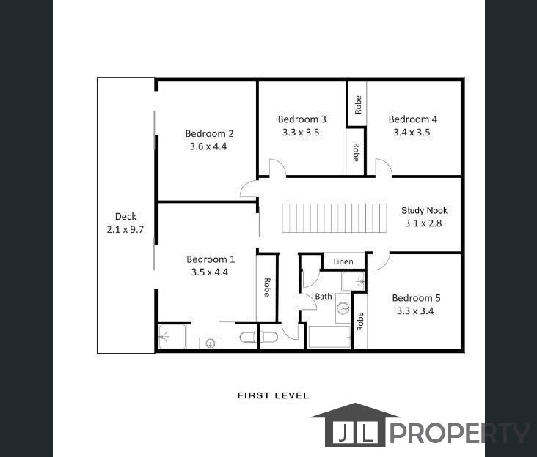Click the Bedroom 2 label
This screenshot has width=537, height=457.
(209, 133)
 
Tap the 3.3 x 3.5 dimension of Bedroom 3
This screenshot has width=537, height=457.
(302, 133)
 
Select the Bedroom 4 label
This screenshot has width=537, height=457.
(412, 119)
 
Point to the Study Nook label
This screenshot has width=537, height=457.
(424, 211)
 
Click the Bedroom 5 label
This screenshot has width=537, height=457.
(416, 298)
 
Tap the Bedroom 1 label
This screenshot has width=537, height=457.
(211, 259)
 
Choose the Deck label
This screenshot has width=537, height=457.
(125, 216)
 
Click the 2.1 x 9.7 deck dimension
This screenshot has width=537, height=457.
(125, 229)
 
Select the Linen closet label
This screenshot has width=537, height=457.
(343, 261)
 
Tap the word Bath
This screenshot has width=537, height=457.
(324, 297)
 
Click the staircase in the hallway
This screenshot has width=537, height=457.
(335, 218)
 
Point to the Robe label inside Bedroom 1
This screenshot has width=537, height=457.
(267, 286)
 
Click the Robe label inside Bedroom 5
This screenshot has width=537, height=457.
(360, 322)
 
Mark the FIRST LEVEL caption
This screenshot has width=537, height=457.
(273, 395)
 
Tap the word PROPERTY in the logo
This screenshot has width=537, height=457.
(458, 433)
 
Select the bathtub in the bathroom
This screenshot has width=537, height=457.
(329, 337)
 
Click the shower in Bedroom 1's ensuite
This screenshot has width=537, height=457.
(172, 337)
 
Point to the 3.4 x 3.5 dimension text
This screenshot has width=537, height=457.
(412, 133)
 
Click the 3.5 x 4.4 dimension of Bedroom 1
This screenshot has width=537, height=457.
(211, 272)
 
